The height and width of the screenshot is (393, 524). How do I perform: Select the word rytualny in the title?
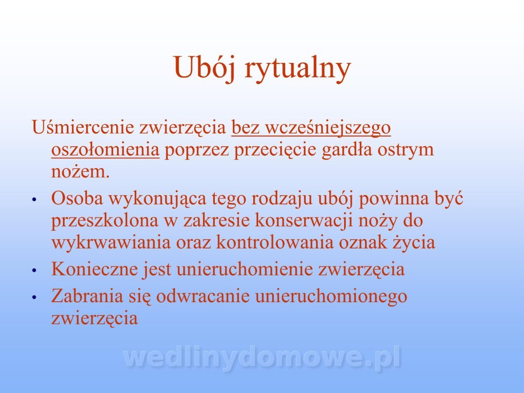(x=298, y=69)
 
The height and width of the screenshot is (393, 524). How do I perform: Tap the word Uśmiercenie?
(x=83, y=127)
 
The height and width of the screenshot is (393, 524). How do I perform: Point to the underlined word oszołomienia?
(x=105, y=149)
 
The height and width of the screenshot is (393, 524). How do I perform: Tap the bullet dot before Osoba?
(x=34, y=199)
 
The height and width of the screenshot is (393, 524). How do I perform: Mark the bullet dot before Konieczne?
(x=34, y=270)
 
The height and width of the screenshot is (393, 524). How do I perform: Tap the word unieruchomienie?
(x=245, y=269)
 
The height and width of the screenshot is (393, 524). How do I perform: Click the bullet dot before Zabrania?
(x=34, y=297)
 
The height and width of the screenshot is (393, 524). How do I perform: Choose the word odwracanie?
(x=203, y=296)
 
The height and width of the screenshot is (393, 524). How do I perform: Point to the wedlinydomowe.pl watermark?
(x=262, y=359)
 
